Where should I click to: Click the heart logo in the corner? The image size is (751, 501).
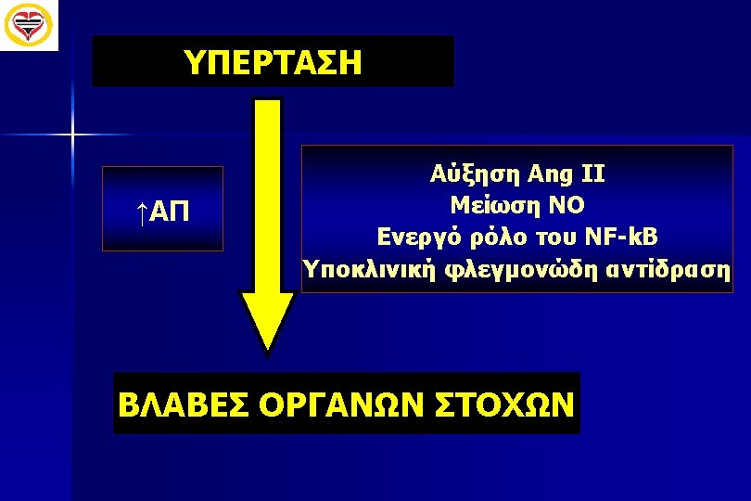click(x=28, y=24)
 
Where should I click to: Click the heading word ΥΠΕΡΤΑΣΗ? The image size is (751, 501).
click(x=273, y=62)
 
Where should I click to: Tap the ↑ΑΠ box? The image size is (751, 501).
click(x=162, y=209)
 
